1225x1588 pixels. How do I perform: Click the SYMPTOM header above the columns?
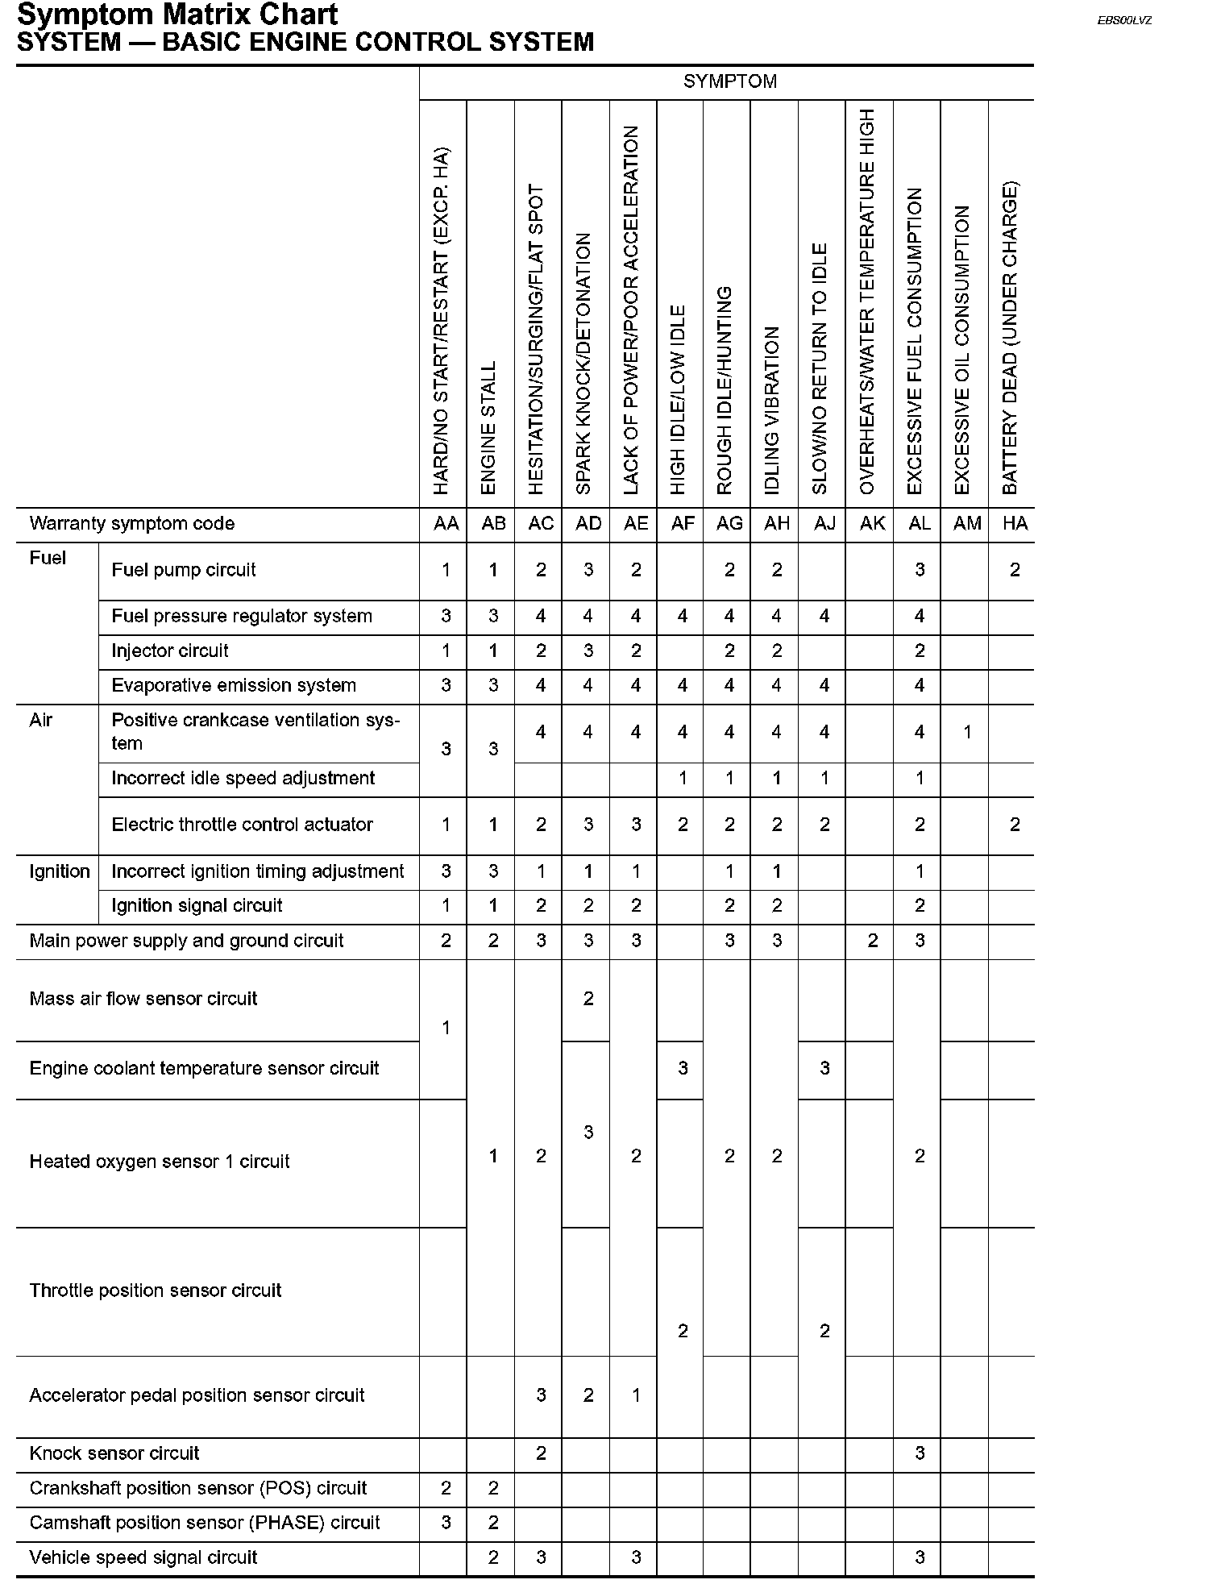coord(729,81)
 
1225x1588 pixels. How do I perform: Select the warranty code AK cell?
coord(872,524)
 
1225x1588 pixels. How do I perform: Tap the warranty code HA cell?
coord(1015,524)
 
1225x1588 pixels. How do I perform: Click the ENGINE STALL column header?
coord(488,427)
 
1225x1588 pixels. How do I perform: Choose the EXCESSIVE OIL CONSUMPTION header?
coord(962,350)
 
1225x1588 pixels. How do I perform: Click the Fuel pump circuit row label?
coord(184,570)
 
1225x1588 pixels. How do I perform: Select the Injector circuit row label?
coord(170,651)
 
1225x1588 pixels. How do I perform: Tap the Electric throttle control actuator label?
coord(242,825)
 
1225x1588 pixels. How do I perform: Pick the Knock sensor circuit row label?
coord(114,1453)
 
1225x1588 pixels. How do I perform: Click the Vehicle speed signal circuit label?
coord(143,1557)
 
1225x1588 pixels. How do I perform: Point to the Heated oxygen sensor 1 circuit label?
coord(159,1162)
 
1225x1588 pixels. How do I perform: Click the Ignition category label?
coord(59,871)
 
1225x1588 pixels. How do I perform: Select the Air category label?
coord(41,720)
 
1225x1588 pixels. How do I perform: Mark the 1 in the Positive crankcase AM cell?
coord(967,732)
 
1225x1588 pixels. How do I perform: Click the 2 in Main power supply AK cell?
coord(872,941)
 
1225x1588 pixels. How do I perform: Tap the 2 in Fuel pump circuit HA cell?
coord(1015,570)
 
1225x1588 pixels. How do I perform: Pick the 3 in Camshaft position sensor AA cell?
coord(446,1523)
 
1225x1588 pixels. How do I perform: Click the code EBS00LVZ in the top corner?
coord(1124,20)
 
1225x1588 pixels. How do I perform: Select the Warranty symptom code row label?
coord(131,524)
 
